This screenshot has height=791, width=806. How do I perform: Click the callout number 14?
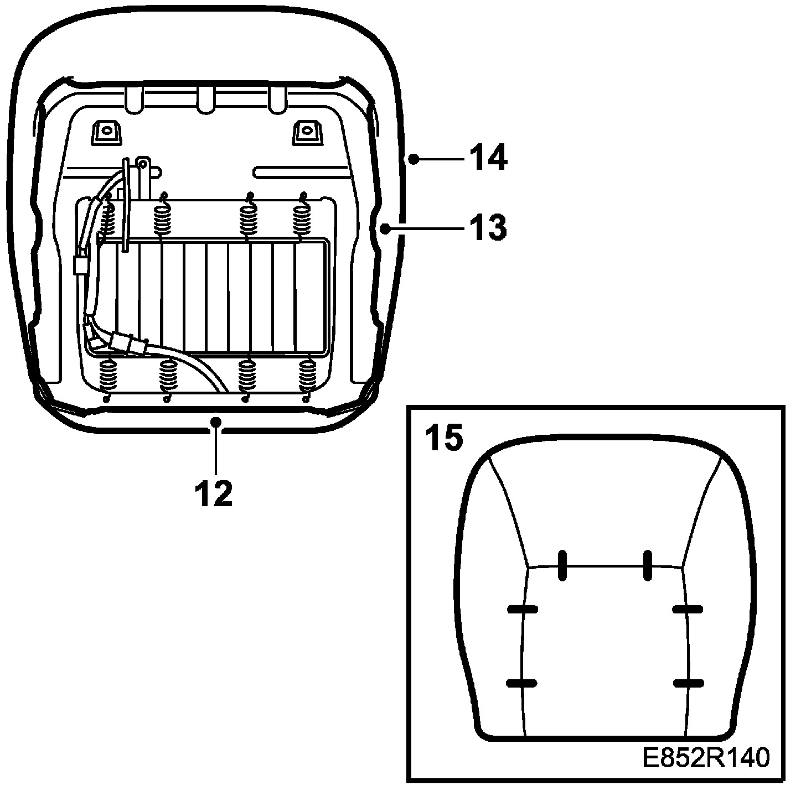[488, 158]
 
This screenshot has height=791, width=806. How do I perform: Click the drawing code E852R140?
[706, 758]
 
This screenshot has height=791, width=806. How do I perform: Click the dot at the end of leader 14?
[413, 159]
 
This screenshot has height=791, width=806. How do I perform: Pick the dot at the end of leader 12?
[215, 423]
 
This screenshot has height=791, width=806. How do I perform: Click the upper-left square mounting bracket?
[105, 132]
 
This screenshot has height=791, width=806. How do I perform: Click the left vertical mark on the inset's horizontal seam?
[562, 565]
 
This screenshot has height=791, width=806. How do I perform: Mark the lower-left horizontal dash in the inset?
[522, 683]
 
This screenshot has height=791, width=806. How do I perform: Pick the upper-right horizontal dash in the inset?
[688, 609]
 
